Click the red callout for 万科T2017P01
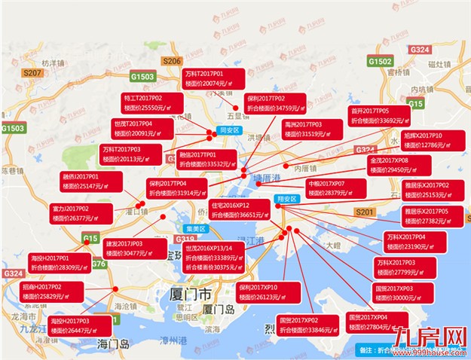(x=213, y=78)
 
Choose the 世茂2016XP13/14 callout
(x=214, y=257)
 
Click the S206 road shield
(x=172, y=61)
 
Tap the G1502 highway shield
(x=381, y=60)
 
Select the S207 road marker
(x=32, y=73)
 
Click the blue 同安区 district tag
(x=228, y=130)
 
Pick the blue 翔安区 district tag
(x=287, y=199)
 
